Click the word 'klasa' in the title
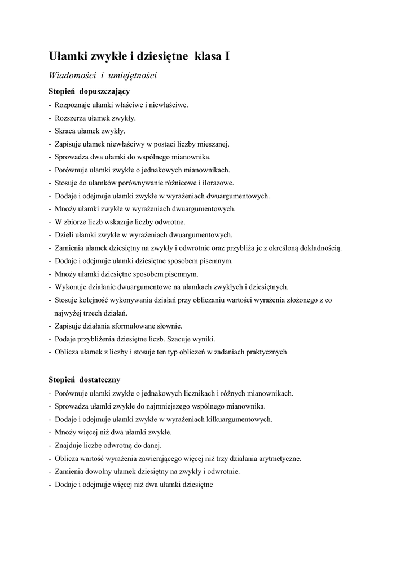coord(208,56)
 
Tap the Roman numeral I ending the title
coord(227,56)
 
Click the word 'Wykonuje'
coord(69,287)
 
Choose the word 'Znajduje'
coord(69,445)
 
